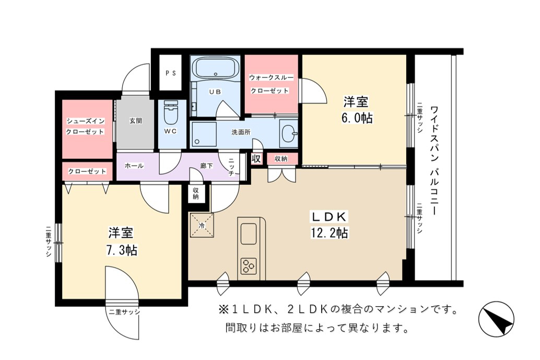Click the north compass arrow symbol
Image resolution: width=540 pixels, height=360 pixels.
click(496, 318)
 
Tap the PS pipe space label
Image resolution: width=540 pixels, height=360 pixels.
click(170, 73)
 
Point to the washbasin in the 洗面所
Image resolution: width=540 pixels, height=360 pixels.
click(289, 134)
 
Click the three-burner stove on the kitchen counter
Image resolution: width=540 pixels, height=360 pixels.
click(249, 266)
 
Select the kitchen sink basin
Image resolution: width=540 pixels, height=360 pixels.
click(248, 234)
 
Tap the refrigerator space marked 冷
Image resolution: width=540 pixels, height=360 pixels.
click(202, 225)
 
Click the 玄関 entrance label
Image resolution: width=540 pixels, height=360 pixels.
click(136, 121)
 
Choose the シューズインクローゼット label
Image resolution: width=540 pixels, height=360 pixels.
click(85, 126)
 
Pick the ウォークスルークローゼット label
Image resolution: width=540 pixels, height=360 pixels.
click(272, 84)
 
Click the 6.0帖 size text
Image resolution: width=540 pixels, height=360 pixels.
click(357, 118)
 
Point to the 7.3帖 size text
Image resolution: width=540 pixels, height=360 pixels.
click(122, 250)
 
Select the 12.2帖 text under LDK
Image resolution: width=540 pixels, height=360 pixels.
click(330, 233)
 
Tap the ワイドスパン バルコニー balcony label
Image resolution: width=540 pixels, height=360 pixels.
click(435, 161)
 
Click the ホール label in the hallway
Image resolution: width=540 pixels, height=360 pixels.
click(134, 166)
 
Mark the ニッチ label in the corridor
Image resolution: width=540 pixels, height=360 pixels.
click(231, 167)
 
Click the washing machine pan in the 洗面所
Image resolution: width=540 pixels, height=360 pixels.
click(204, 134)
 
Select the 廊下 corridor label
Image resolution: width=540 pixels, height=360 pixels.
click(206, 166)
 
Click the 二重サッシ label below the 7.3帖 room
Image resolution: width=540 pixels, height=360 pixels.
click(124, 312)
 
